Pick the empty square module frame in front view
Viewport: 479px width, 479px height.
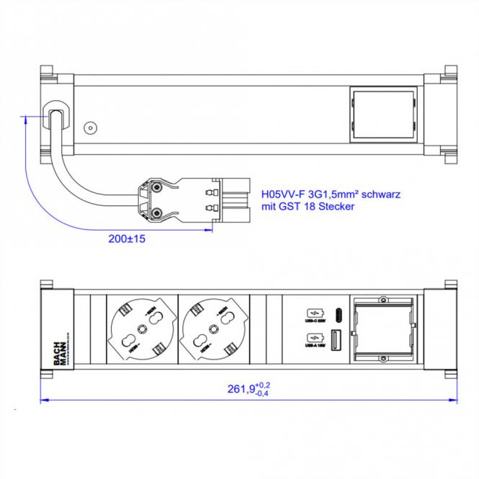382,328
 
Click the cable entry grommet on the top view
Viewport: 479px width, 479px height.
55,116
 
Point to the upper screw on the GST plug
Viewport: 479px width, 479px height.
153,188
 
